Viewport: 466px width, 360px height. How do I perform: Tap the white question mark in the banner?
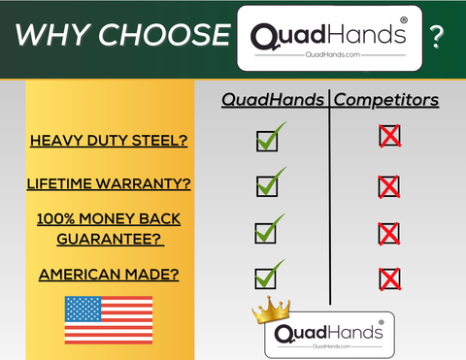(438, 38)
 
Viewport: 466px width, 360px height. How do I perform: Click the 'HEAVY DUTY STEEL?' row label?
(109, 141)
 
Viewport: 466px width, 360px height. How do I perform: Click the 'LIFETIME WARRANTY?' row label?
(109, 183)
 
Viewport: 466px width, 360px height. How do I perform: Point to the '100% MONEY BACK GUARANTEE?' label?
(109, 229)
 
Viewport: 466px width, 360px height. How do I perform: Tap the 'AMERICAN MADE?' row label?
(109, 274)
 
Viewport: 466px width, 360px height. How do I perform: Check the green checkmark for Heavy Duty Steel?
(269, 139)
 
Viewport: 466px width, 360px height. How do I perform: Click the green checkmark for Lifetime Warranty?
(269, 182)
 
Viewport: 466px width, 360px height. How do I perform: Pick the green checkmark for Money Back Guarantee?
(268, 229)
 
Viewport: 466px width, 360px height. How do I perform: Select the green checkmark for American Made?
(268, 276)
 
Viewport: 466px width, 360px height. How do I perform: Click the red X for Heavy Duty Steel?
(389, 136)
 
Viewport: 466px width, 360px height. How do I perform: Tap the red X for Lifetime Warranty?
(389, 184)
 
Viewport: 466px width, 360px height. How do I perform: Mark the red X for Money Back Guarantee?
(389, 233)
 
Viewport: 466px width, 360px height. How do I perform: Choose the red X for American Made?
(389, 279)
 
